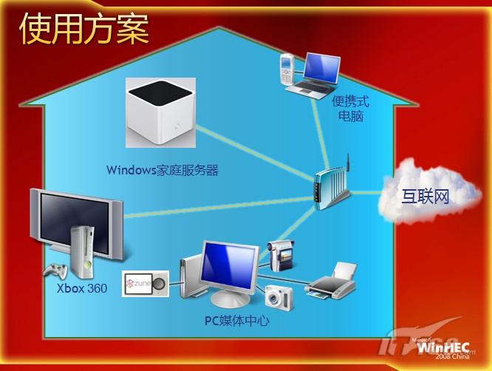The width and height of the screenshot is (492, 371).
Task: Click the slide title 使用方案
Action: click(84, 29)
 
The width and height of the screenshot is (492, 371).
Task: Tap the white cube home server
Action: click(160, 113)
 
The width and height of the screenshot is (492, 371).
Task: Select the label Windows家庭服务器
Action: click(163, 170)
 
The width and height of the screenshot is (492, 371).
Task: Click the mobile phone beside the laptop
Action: click(287, 69)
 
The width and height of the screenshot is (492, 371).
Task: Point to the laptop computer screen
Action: click(322, 68)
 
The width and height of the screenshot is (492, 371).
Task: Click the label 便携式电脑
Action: click(351, 109)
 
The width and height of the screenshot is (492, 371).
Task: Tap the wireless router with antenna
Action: click(332, 187)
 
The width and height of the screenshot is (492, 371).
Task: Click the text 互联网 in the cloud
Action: click(426, 196)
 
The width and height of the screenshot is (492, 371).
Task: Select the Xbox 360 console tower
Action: click(82, 252)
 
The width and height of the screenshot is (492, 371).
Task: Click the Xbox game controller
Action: click(55, 271)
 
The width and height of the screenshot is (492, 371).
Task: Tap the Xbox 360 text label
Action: click(82, 288)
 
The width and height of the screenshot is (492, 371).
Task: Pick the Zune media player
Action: click(146, 284)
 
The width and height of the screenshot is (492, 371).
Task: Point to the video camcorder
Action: click(281, 255)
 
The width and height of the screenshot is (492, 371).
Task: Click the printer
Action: click(332, 282)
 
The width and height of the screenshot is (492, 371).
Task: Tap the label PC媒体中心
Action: click(237, 321)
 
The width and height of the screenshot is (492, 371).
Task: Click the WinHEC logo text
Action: click(443, 348)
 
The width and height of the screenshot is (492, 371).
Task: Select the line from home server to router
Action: click(255, 154)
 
